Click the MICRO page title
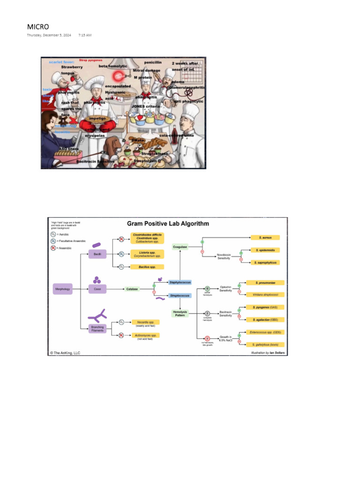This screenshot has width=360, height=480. pos(38,27)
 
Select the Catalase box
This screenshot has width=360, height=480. pos(132,289)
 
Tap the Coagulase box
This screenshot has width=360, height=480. pos(180,247)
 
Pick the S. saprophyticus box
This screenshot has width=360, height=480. pos(265,262)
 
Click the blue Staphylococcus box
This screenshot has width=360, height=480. pos(180,282)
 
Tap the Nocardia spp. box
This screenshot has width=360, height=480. pos(145,322)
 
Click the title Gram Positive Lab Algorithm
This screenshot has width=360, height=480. pos(168,224)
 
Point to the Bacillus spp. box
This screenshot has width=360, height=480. pos(147,267)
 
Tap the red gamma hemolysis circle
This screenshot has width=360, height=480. pos(207,337)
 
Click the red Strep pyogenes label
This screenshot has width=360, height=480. pos(90,60)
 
